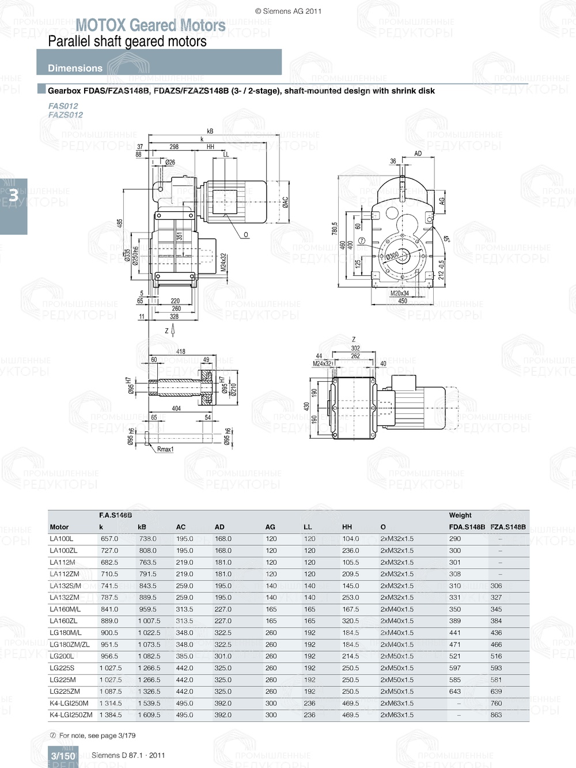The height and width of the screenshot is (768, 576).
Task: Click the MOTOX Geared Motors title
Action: click(150, 25)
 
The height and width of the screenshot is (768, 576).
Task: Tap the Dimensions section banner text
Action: click(75, 68)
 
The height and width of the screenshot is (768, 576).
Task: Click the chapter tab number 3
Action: click(13, 196)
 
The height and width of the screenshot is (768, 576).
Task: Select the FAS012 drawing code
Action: click(63, 106)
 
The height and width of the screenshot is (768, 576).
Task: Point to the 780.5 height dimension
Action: click(335, 229)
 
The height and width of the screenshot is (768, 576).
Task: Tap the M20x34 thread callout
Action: click(399, 293)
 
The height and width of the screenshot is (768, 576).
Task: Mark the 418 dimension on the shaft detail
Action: click(180, 351)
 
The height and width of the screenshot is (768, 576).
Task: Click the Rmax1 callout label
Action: click(165, 449)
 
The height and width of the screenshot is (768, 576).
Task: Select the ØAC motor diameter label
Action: click(285, 201)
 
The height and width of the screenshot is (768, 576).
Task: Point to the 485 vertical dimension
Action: click(120, 223)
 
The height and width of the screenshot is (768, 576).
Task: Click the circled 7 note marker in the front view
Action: click(362, 241)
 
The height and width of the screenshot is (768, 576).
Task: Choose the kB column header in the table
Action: click(142, 527)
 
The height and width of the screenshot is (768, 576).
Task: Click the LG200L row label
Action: click(62, 656)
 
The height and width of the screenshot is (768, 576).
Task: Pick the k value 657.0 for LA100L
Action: click(109, 539)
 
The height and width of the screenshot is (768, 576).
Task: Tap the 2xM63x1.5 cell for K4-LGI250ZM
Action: click(397, 715)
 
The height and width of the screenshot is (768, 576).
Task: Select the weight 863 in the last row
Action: click(496, 715)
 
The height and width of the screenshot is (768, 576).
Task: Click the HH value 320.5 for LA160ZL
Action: click(350, 621)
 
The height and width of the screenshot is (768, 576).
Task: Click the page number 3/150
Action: click(63, 756)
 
